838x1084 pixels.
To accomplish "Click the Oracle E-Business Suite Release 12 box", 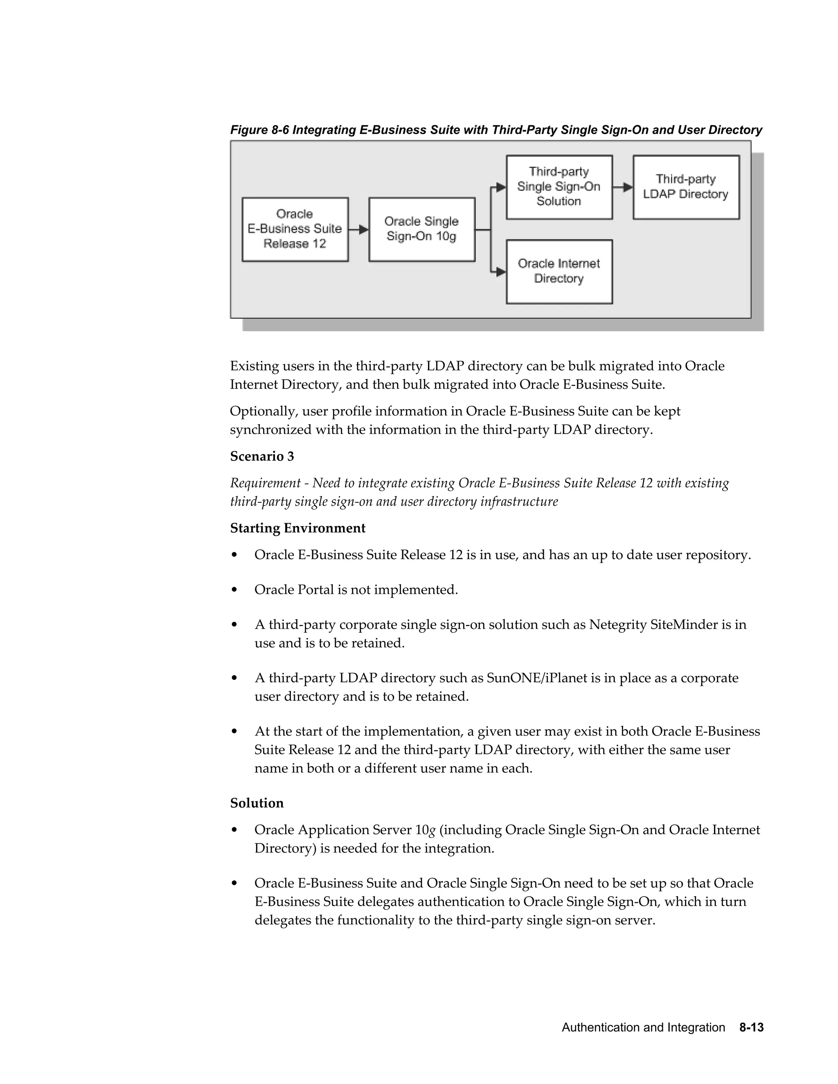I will (295, 229).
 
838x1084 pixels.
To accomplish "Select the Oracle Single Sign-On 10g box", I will (421, 229).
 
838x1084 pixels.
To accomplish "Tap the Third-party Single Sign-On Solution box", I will (559, 187).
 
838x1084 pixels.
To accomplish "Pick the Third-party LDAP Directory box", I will (686, 187).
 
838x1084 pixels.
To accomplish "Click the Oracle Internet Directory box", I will (559, 272).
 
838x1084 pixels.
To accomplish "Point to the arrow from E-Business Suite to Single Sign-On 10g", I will (358, 229).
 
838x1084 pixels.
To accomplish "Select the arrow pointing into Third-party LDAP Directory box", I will (623, 187).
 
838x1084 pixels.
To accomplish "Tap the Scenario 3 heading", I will (261, 456).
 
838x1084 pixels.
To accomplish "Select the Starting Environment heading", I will (297, 528).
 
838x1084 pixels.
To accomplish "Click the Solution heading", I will (257, 803).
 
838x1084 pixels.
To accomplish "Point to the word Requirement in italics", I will (265, 483).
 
